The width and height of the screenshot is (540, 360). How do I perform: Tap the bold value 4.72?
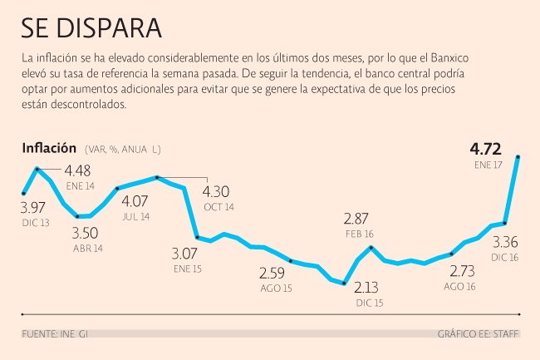[x=485, y=150]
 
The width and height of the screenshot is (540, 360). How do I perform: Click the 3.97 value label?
[x=34, y=208]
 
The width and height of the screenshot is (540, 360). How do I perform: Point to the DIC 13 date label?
[x=35, y=222]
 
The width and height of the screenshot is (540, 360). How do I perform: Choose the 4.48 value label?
[x=79, y=171]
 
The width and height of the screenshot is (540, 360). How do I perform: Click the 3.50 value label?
[x=86, y=234]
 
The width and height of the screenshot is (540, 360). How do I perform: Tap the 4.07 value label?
[x=135, y=201]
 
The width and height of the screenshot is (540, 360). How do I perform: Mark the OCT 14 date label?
[x=218, y=206]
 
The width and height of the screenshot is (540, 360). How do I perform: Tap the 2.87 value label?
[x=359, y=219]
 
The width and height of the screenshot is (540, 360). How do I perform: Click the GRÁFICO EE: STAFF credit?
[x=478, y=334]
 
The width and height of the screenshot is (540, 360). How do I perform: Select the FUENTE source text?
[x=41, y=334]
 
